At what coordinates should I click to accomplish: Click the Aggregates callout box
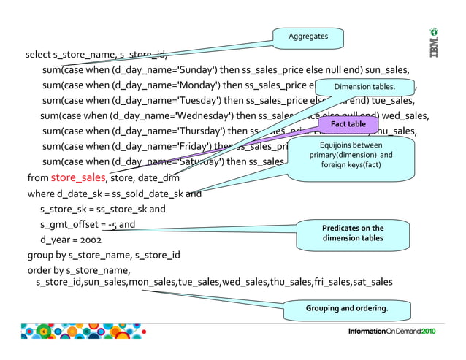(308, 36)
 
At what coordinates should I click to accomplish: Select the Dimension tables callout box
(364, 87)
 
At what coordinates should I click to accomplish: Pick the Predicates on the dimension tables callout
(353, 233)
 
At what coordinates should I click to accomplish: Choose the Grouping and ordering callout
(346, 309)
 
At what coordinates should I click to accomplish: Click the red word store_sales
(78, 177)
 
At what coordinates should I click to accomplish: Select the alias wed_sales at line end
(406, 116)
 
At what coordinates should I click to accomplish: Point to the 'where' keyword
(40, 194)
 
